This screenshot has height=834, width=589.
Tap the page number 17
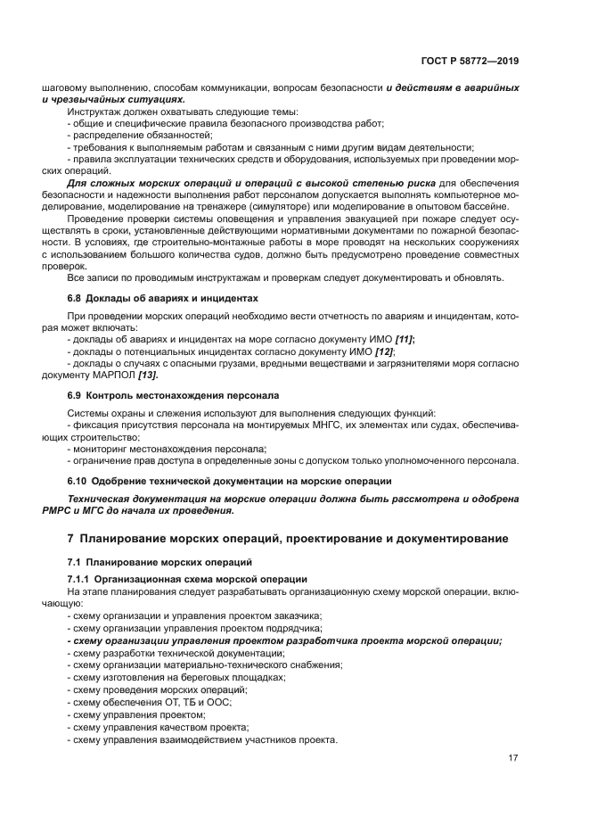pos(513,758)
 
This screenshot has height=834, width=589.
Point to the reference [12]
pos(385,352)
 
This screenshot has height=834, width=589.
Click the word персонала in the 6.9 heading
pos(254,394)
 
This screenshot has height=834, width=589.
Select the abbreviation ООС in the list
pos(218,702)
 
